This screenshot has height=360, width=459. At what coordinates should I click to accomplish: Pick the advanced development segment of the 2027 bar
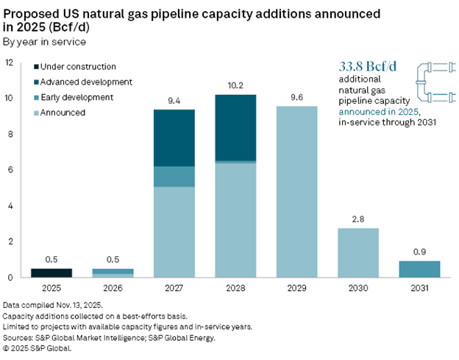[174, 138]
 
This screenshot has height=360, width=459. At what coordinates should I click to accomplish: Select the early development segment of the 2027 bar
[174, 177]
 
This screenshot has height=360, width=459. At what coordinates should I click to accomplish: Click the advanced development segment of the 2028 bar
[235, 127]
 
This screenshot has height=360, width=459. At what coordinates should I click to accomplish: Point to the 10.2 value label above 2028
[235, 85]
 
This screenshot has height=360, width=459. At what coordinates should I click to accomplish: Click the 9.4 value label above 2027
[174, 100]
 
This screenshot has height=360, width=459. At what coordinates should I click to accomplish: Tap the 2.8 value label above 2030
[358, 219]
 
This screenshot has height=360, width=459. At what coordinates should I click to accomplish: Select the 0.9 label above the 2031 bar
[419, 253]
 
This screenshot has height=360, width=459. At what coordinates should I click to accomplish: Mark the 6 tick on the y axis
[10, 170]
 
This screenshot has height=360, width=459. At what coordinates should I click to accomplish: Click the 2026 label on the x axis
[113, 289]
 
